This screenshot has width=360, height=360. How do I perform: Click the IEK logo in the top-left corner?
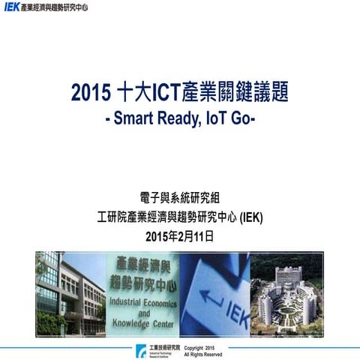tap(13, 7)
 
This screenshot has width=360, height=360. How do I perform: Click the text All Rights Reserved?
tap(202, 354)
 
